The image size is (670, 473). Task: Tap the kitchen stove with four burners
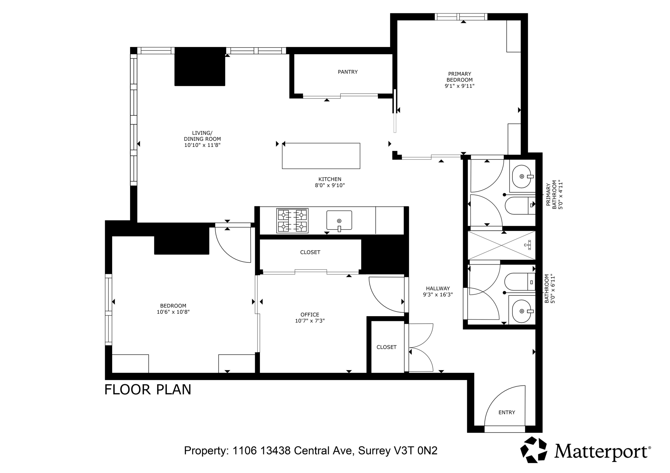(x=292, y=221)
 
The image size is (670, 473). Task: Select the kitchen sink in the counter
(x=339, y=220)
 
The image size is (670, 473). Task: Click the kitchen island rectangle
(x=321, y=156)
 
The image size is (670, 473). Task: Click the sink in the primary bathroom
(x=522, y=177)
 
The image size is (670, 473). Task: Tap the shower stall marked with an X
(x=501, y=245)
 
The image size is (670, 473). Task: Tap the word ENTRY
(x=507, y=412)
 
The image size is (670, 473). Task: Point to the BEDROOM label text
(x=173, y=306)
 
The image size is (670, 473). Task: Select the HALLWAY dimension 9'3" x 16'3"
(x=438, y=295)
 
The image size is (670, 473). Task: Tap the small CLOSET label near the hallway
(x=386, y=347)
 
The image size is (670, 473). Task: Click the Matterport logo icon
(x=534, y=450)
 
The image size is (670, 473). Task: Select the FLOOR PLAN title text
(x=148, y=390)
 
